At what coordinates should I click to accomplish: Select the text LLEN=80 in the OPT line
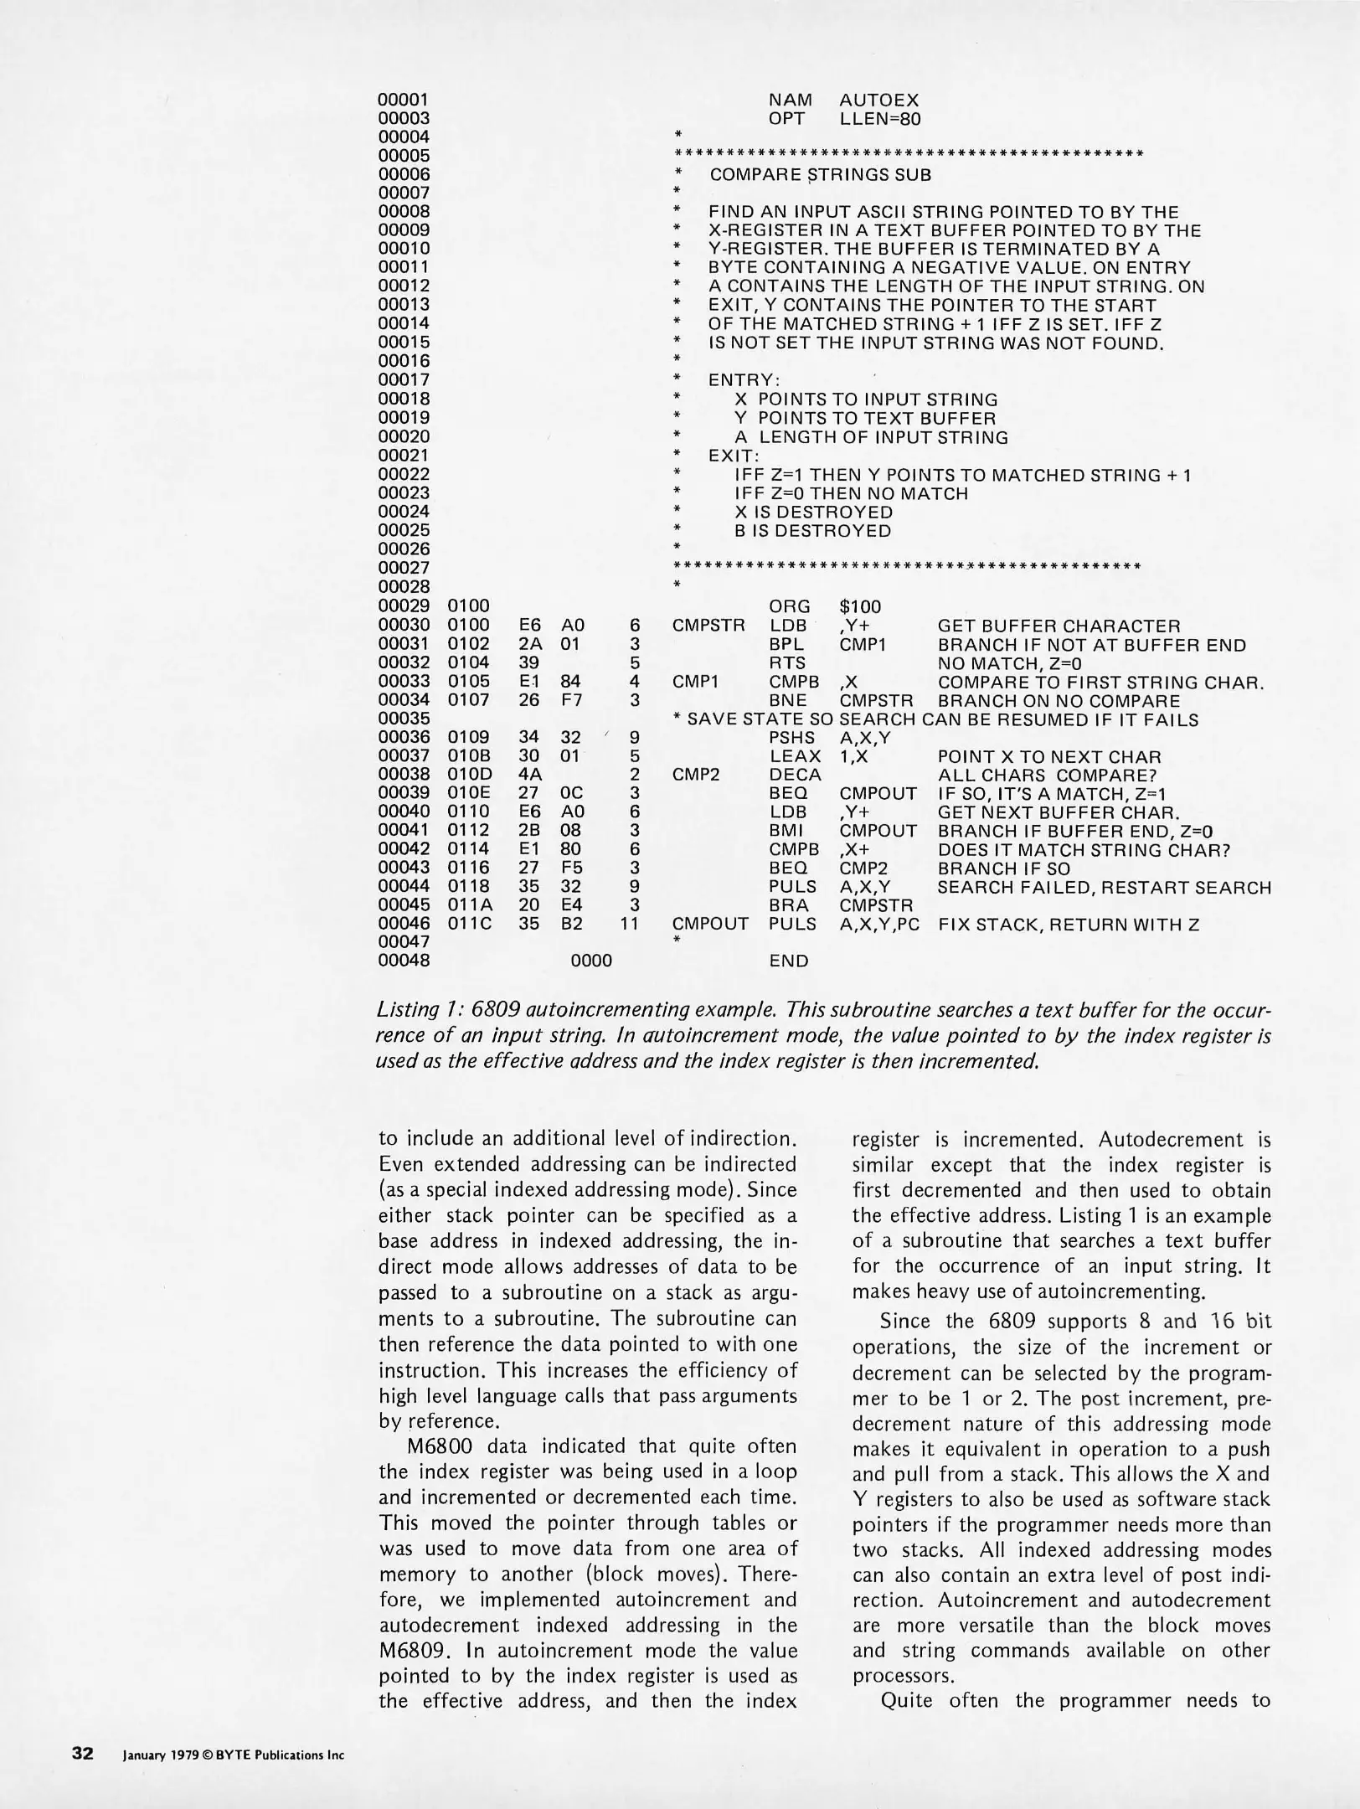[879, 119]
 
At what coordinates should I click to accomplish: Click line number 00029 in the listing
[404, 606]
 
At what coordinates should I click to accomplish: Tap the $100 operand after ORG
[859, 606]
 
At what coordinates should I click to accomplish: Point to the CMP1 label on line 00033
[696, 682]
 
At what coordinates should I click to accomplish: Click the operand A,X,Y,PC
[878, 924]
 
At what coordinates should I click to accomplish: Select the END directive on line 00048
[789, 961]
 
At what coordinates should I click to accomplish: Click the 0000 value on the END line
[591, 961]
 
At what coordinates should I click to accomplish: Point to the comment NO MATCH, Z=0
[1010, 663]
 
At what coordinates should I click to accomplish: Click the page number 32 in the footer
[83, 1753]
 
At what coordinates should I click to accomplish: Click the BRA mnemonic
[788, 905]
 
